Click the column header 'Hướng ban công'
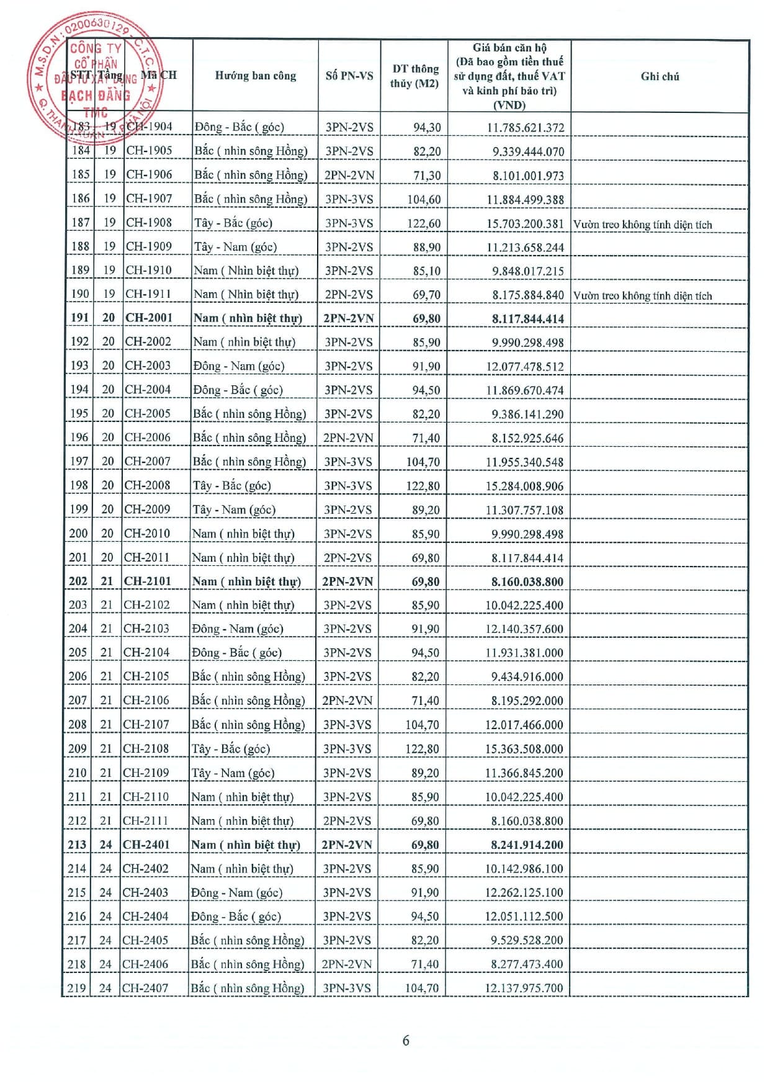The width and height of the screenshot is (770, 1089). point(255,76)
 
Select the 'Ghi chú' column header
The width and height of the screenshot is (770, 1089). point(660,76)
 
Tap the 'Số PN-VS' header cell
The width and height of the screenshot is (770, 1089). point(349,76)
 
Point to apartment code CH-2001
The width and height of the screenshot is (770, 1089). point(149,318)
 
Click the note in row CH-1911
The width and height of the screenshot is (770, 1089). point(642,295)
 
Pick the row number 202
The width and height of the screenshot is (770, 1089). point(78,581)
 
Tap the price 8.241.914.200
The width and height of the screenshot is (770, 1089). point(527,845)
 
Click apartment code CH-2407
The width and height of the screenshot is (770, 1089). point(145,988)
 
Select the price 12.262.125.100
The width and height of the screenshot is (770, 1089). point(524,893)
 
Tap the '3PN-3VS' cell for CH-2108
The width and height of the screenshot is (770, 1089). point(347,749)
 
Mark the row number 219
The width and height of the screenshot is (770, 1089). point(77,988)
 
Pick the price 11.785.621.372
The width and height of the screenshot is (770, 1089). point(525,128)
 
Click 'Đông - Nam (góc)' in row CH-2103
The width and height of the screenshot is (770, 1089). point(238,629)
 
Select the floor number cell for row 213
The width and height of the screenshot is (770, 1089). point(106,845)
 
